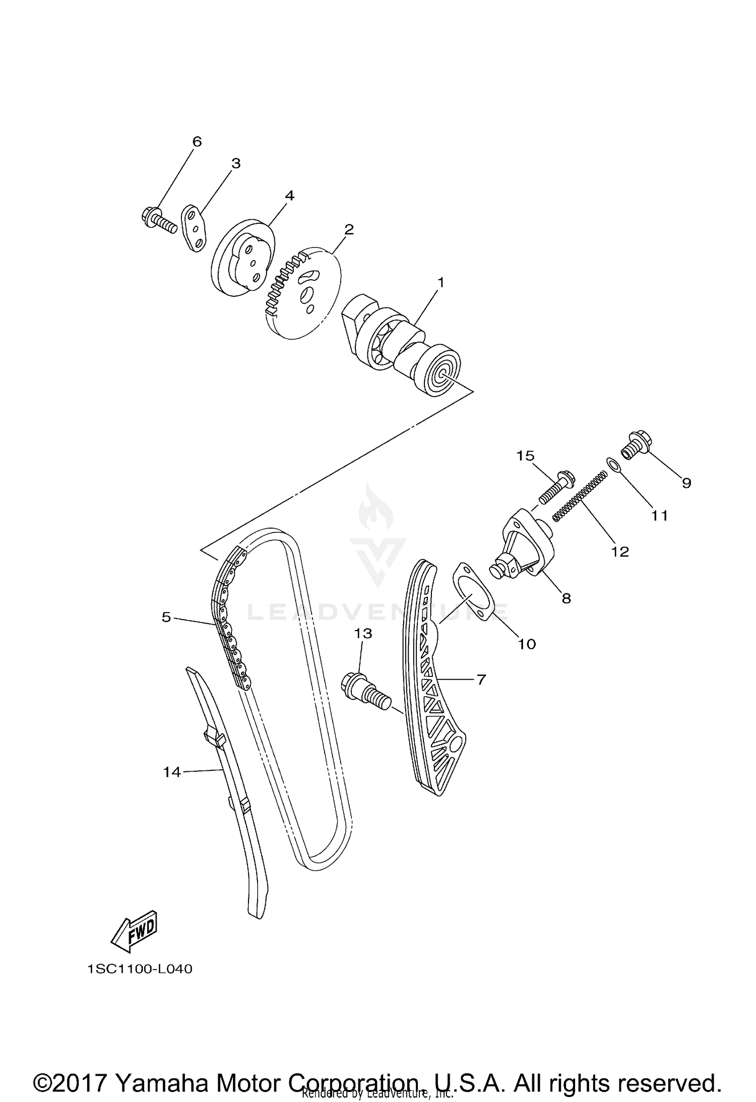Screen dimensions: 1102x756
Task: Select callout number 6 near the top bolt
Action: (x=197, y=142)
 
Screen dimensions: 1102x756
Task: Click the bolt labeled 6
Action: (x=158, y=220)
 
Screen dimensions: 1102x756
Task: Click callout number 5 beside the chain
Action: (x=166, y=617)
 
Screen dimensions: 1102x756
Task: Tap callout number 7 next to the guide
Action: (x=481, y=680)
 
